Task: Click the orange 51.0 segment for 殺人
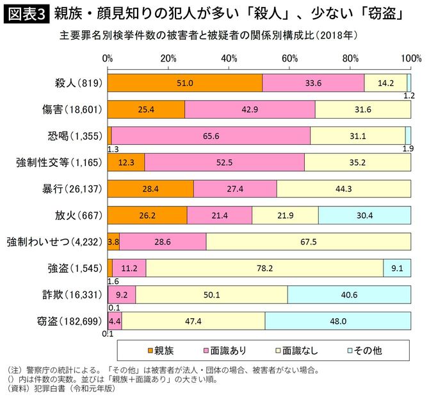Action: [185, 83]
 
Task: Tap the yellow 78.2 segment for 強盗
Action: [264, 269]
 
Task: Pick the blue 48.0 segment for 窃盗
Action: [337, 321]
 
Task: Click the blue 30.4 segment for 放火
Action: [364, 215]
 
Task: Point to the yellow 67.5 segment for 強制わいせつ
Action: [308, 242]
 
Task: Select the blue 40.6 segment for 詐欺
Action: [349, 295]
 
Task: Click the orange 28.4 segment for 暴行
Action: [150, 189]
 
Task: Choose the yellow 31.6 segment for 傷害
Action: [362, 110]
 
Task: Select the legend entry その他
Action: [364, 350]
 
